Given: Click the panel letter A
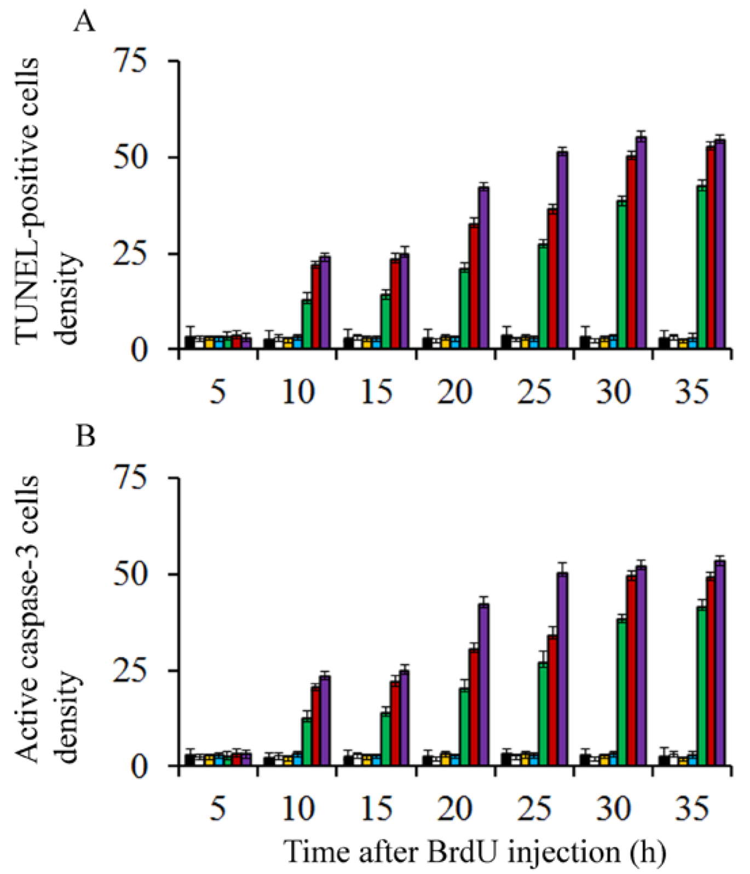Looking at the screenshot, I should click(x=84, y=22).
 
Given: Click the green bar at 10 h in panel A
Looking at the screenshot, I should click(x=307, y=323).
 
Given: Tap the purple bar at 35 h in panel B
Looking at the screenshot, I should click(x=720, y=663).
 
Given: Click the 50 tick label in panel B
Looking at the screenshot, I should click(x=130, y=574).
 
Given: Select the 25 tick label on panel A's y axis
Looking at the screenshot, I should click(x=130, y=254).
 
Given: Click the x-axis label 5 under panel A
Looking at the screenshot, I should click(x=218, y=392).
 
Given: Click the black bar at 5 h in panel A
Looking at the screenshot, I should click(x=189, y=342).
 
